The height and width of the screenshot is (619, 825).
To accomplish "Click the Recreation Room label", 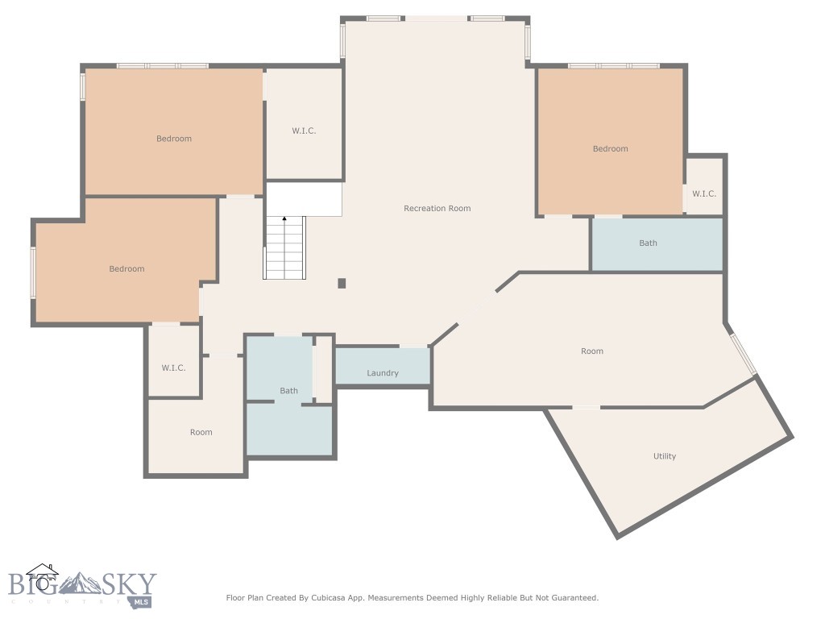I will click(437, 209).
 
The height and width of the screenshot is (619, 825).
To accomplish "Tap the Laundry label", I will click(383, 373).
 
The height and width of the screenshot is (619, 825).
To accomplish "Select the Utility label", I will click(665, 456).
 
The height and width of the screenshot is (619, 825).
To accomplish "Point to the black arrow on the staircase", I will click(284, 219).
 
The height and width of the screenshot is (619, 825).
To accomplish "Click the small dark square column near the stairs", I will click(342, 283).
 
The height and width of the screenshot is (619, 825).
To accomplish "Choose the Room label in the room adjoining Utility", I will click(592, 351).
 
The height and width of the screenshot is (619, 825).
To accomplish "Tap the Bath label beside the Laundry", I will click(288, 391).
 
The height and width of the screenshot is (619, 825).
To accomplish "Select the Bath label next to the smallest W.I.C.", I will click(648, 243).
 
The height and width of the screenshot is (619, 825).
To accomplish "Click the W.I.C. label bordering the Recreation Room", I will click(304, 131).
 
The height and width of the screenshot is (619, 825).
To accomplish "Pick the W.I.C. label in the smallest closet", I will click(703, 193).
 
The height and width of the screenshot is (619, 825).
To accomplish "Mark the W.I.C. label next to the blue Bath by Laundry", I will click(173, 368).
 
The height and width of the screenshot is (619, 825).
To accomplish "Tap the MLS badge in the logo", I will click(142, 601).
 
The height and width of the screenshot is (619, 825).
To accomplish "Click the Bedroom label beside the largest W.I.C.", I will click(174, 139).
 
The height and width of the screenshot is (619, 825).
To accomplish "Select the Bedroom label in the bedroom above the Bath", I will click(610, 148).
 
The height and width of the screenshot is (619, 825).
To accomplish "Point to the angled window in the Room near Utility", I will click(744, 355).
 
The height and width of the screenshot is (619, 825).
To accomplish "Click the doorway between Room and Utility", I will click(586, 407).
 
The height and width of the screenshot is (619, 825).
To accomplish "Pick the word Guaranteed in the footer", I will click(569, 598).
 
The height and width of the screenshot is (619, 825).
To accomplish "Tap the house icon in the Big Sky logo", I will click(42, 574).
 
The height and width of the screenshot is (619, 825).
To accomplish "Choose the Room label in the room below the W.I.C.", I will click(201, 433).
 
